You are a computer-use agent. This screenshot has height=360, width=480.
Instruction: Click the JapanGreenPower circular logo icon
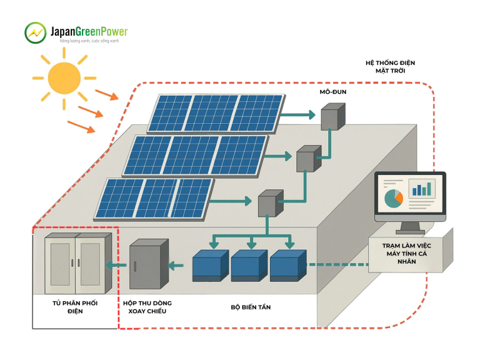35,32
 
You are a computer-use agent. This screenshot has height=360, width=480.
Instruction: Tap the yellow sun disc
64,78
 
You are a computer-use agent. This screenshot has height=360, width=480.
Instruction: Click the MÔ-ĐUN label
333,92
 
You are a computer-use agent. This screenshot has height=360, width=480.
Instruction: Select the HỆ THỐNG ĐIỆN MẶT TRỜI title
390,67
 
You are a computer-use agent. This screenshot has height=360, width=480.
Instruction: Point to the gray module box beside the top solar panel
332,117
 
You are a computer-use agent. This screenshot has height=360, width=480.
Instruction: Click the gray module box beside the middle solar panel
309,159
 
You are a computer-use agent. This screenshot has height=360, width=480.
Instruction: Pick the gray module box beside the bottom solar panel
271,204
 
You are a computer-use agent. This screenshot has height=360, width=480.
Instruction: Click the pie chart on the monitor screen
393,198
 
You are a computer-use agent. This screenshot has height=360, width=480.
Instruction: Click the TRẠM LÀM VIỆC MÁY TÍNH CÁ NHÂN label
406,254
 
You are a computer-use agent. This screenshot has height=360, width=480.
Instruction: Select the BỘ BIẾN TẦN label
251,307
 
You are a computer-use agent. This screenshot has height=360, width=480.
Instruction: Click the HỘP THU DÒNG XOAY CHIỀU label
147,307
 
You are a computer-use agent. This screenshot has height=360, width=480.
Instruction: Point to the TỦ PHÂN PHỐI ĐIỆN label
75,307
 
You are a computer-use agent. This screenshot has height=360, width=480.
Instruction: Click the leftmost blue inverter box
211,266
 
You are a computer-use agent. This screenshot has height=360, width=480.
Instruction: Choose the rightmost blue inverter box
288,266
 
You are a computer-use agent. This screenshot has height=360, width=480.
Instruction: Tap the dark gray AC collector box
149,264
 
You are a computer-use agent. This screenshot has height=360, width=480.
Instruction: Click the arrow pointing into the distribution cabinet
116,265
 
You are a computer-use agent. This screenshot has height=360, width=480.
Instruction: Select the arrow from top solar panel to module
298,115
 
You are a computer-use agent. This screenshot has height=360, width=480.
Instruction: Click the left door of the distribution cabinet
60,265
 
